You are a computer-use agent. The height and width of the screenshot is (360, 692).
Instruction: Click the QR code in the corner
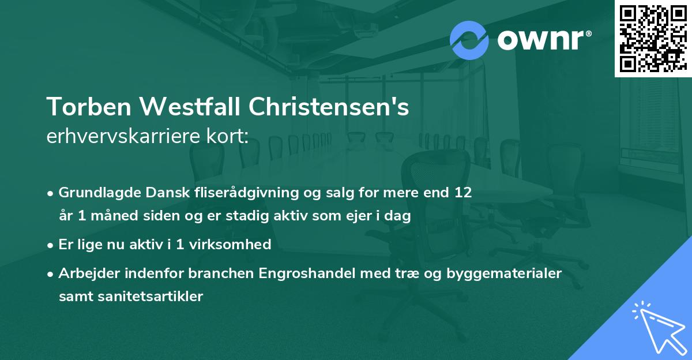click(653, 39)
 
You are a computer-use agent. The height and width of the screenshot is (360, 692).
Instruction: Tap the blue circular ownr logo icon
click(468, 40)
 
